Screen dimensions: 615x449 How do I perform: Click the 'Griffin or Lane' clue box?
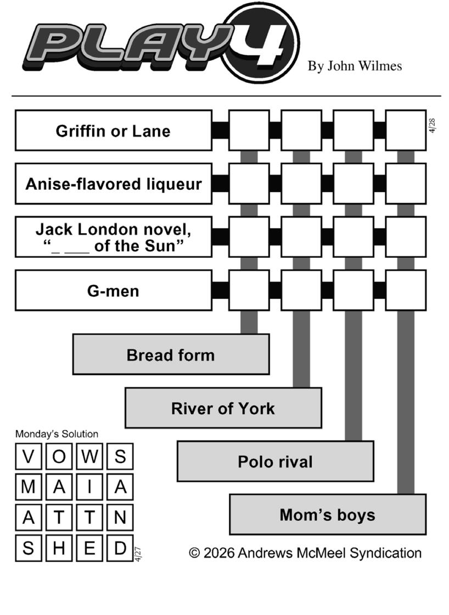(x=113, y=131)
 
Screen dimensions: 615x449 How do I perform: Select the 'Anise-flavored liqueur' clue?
(x=113, y=184)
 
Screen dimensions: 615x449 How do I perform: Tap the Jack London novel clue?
(x=113, y=237)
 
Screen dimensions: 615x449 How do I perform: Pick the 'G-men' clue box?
(x=113, y=290)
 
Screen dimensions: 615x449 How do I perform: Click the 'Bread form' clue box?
(x=171, y=354)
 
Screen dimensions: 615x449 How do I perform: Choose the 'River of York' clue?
(x=223, y=408)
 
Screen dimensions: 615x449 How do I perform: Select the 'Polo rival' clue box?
(x=275, y=461)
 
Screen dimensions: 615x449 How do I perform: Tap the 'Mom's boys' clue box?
(x=327, y=515)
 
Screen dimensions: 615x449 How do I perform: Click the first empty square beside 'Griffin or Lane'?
(x=249, y=131)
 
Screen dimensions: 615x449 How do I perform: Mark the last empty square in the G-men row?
(x=406, y=290)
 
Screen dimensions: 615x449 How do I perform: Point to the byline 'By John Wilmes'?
(x=355, y=66)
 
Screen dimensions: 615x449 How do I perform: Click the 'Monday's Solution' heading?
(x=57, y=434)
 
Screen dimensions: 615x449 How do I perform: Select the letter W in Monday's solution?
(x=89, y=456)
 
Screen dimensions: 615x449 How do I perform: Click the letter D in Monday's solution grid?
(x=120, y=548)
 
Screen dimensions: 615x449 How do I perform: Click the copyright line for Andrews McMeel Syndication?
(x=305, y=552)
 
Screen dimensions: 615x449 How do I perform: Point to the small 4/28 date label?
(x=433, y=125)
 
